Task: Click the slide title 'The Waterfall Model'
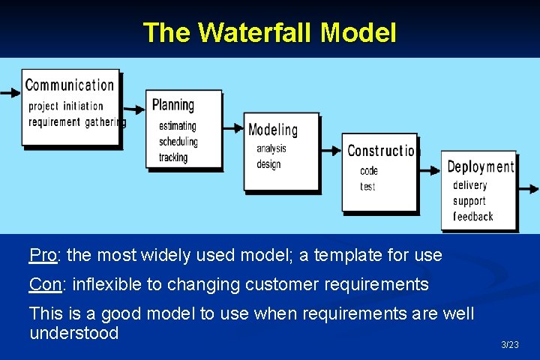pyautogui.click(x=269, y=32)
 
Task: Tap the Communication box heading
pyautogui.click(x=70, y=85)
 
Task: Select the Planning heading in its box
pyautogui.click(x=173, y=105)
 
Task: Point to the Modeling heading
pyautogui.click(x=273, y=130)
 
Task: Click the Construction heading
pyautogui.click(x=381, y=151)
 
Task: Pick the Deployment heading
pyautogui.click(x=481, y=166)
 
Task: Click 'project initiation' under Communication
pyautogui.click(x=66, y=106)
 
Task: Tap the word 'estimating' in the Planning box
pyautogui.click(x=178, y=126)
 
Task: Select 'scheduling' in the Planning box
pyautogui.click(x=178, y=142)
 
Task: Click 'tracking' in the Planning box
pyautogui.click(x=173, y=157)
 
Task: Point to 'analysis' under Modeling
pyautogui.click(x=271, y=148)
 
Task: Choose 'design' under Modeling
pyautogui.click(x=268, y=164)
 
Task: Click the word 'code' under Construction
pyautogui.click(x=369, y=171)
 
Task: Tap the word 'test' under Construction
pyautogui.click(x=367, y=186)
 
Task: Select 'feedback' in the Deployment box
pyautogui.click(x=472, y=217)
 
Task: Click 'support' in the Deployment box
pyautogui.click(x=469, y=201)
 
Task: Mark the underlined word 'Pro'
pyautogui.click(x=43, y=255)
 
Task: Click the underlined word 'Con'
pyautogui.click(x=44, y=284)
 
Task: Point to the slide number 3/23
pyautogui.click(x=509, y=345)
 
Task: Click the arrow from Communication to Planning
pyautogui.click(x=134, y=106)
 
